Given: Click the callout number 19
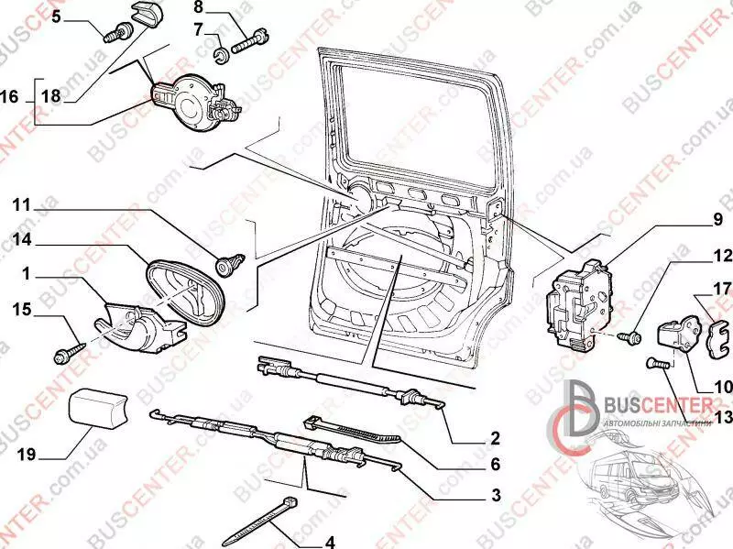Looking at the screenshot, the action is point(27,454).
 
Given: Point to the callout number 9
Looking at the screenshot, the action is point(718,220).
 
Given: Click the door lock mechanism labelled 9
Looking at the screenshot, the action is point(580,304).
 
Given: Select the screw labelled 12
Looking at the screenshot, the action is point(629,336).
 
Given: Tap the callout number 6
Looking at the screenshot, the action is point(495,464).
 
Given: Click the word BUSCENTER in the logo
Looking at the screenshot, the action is point(658,404).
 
